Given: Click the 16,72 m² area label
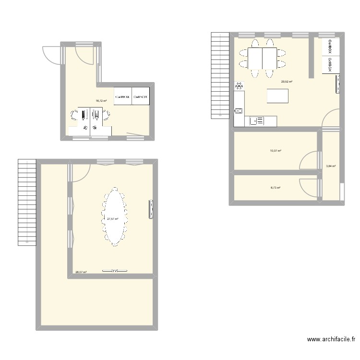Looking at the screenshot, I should click(101, 101).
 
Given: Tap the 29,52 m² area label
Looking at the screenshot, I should click(287, 82).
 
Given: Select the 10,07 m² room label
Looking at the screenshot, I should click(276, 150).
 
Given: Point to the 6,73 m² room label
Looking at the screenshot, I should click(276, 188).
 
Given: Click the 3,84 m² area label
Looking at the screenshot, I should click(331, 166).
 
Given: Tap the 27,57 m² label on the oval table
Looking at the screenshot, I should click(112, 219).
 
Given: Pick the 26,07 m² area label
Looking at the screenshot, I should click(81, 272).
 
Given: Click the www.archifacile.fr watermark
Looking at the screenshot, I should click(331, 339).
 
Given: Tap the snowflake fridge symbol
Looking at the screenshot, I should click(239, 86).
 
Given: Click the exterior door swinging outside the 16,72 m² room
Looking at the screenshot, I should click(52, 54).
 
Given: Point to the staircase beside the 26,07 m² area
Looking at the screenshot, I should click(27, 201).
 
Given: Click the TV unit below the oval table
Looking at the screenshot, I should click(114, 271).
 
